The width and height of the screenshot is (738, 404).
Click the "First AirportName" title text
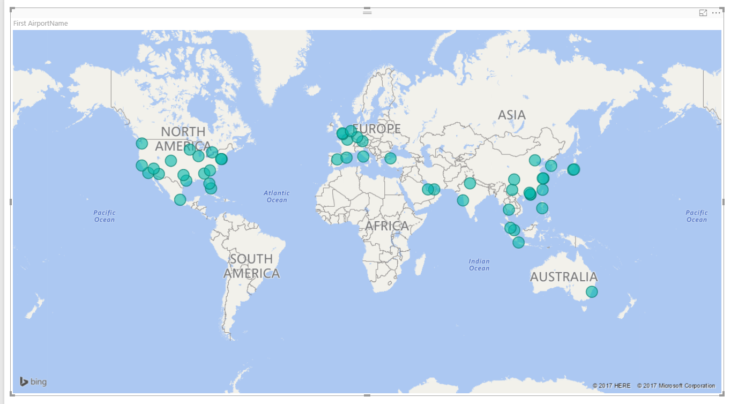(41, 24)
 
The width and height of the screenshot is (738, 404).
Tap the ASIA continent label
(511, 115)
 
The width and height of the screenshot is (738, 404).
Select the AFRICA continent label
(387, 226)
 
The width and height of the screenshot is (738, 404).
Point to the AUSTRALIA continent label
(563, 277)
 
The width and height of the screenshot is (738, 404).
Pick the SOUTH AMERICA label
(251, 266)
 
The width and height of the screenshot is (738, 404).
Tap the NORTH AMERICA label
(183, 139)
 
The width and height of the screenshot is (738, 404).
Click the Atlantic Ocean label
(277, 196)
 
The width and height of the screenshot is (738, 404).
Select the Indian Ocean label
(479, 265)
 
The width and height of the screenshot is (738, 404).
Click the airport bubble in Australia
(591, 291)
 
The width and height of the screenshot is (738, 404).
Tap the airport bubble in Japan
(573, 169)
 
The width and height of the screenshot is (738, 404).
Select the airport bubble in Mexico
(180, 199)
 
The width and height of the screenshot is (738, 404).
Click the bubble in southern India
(463, 200)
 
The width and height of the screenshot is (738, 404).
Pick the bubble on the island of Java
(518, 242)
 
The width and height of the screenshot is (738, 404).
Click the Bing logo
(33, 381)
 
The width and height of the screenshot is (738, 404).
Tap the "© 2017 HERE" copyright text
(611, 386)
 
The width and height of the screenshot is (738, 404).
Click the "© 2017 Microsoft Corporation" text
(676, 386)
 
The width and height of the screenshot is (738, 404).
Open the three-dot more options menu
(716, 13)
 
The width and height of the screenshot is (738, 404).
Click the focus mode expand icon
(703, 13)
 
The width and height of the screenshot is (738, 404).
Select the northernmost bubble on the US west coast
(141, 143)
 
